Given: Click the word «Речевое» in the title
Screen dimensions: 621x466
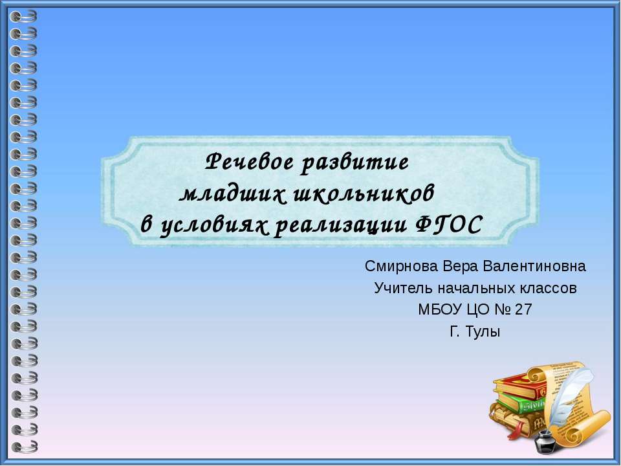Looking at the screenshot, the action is click(x=250, y=162).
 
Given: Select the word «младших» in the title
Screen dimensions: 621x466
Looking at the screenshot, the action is click(x=233, y=194).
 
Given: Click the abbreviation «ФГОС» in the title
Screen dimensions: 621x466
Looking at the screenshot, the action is click(x=449, y=225).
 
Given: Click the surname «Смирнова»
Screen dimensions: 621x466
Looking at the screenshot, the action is click(x=402, y=266).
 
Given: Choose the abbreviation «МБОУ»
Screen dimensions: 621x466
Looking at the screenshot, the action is click(x=440, y=309).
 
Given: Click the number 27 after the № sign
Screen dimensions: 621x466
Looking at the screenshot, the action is click(x=523, y=309).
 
